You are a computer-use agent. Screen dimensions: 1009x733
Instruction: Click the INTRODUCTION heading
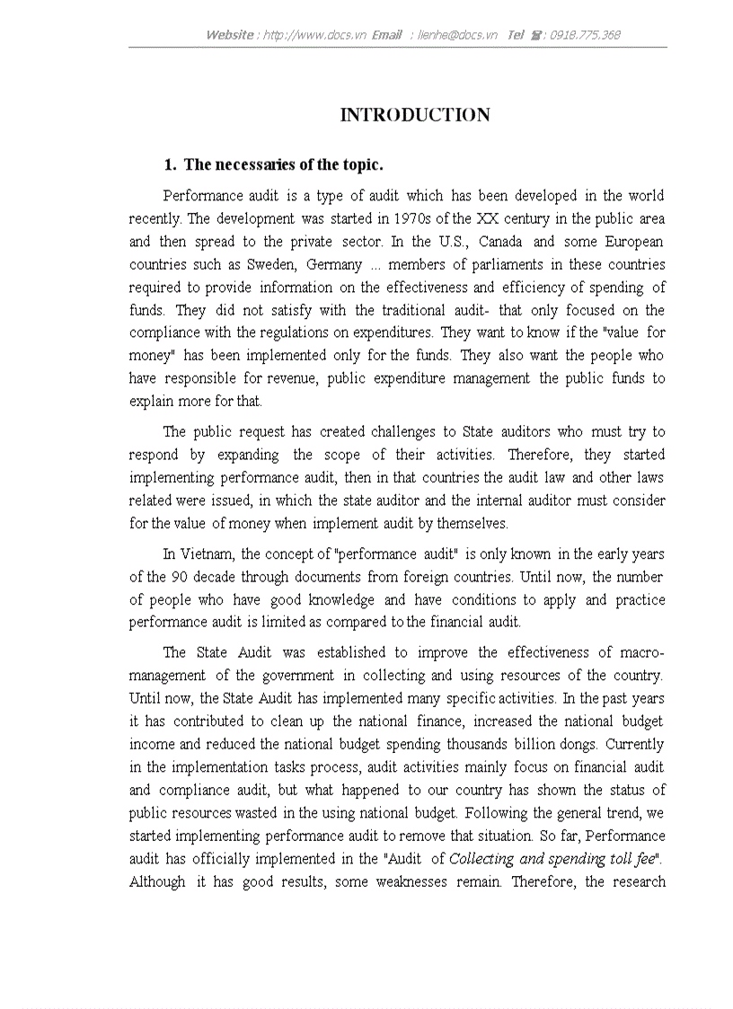(415, 115)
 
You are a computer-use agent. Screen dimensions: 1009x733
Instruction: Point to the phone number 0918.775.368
(584, 35)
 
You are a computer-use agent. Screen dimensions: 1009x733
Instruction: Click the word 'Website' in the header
(230, 35)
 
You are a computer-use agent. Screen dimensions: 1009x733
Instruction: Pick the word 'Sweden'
(272, 264)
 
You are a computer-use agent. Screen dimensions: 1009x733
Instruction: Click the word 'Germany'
(335, 264)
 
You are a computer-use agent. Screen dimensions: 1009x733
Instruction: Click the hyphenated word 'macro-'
(640, 652)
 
